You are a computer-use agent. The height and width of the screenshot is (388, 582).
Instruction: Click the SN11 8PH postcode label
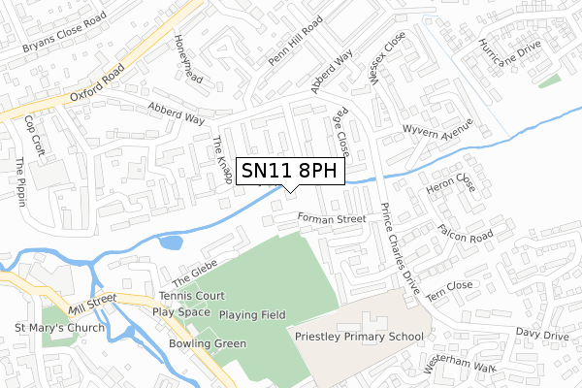coord(290,171)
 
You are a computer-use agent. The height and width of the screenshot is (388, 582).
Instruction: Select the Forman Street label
coord(332,219)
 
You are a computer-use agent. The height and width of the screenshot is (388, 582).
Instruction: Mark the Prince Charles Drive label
coord(400,250)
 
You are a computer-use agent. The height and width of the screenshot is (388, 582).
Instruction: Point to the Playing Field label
coord(251,315)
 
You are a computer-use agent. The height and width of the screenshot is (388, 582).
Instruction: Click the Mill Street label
coord(93,303)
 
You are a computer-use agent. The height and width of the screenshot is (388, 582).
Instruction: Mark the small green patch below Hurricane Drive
coord(549,81)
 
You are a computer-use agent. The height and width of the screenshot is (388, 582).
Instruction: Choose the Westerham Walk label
coord(459,364)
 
